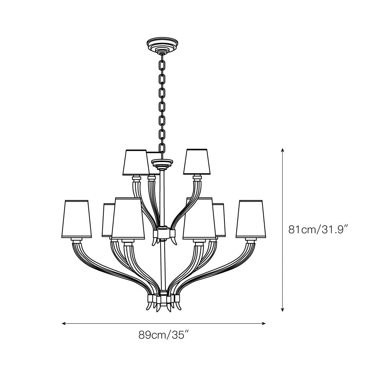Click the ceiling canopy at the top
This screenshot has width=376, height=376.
point(162,45)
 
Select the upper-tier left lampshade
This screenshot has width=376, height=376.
point(136,162)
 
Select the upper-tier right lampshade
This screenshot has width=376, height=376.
point(197,162)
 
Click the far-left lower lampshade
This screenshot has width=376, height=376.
point(76,219)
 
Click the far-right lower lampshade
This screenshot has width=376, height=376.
point(251,219)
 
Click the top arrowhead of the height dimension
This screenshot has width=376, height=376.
point(283,150)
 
